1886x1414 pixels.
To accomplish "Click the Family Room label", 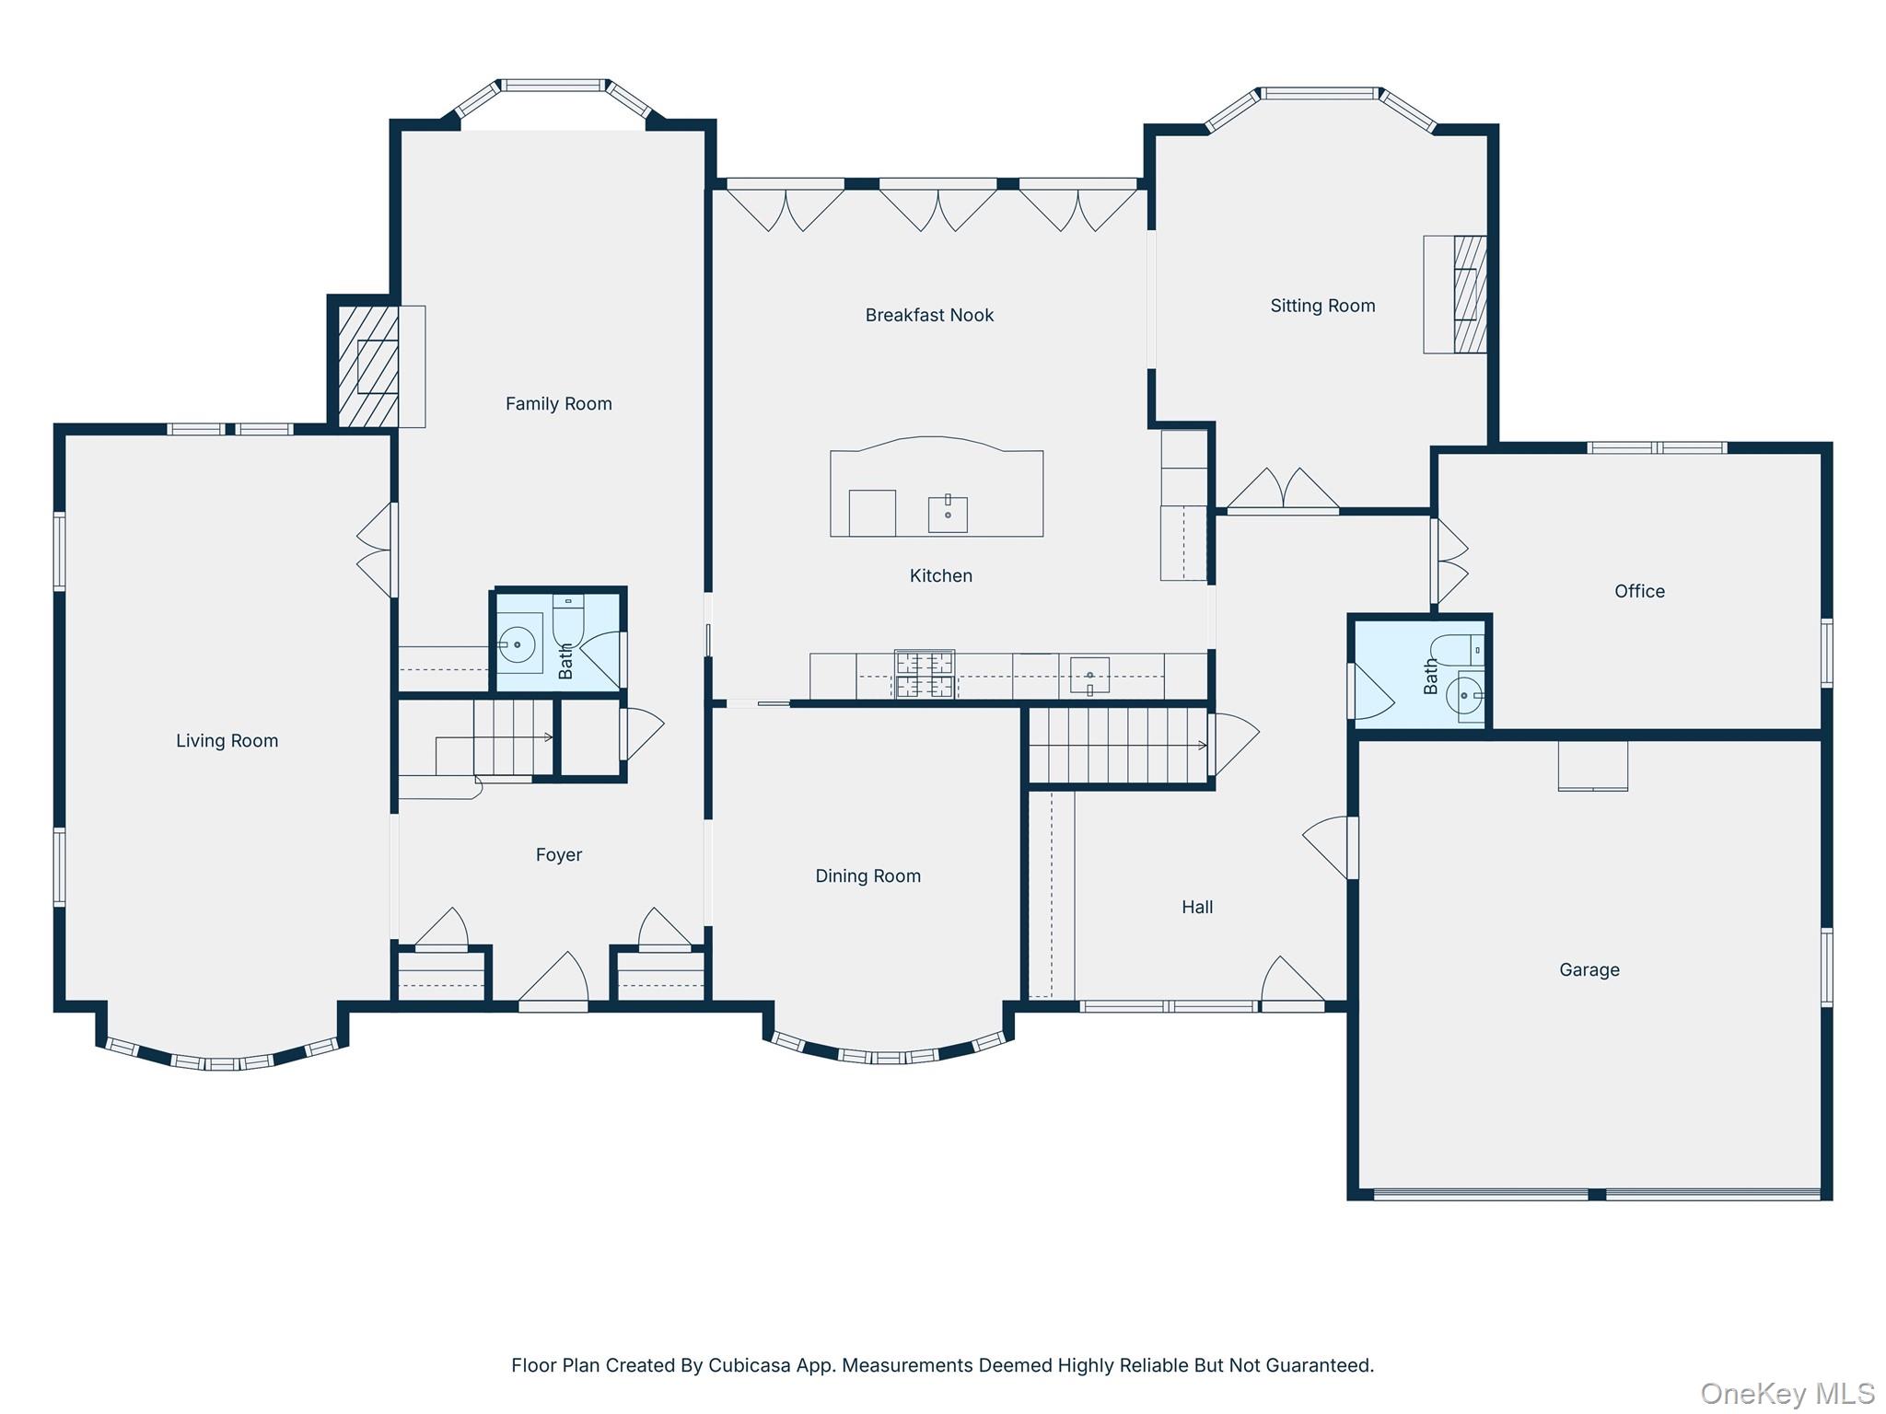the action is (x=558, y=403).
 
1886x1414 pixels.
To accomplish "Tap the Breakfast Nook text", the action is (x=929, y=315).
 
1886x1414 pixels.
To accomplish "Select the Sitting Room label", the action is (x=1322, y=306).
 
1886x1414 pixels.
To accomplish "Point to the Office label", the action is (x=1639, y=591).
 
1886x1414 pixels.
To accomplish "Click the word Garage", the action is (x=1589, y=969).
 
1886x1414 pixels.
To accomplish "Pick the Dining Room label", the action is (x=867, y=875).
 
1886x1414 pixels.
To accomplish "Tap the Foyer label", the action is (x=559, y=855).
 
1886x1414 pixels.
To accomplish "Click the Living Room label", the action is (x=227, y=741).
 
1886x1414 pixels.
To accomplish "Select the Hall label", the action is (x=1197, y=907).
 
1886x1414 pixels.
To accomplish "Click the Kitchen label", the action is (x=940, y=575).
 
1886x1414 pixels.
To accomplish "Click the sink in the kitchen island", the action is (x=948, y=514).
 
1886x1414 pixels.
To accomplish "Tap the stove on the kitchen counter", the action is (x=925, y=675).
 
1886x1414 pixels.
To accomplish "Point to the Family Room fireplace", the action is (x=369, y=366).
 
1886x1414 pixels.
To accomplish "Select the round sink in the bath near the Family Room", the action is (x=518, y=644).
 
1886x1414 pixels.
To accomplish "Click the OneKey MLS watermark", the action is (x=1787, y=1393).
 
